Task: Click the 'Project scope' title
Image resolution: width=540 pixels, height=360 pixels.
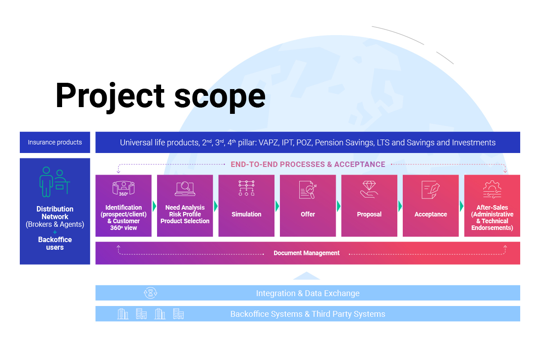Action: (x=160, y=95)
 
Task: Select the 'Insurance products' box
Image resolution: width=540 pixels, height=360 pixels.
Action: (x=55, y=142)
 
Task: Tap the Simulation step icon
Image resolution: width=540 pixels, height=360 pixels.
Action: (x=246, y=188)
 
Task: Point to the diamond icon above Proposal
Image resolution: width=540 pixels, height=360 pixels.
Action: (x=369, y=189)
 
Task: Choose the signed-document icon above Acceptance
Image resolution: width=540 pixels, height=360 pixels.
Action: (x=430, y=189)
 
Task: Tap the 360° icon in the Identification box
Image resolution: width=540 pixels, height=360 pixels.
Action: (x=123, y=188)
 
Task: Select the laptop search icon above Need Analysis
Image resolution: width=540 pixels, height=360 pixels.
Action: (x=184, y=189)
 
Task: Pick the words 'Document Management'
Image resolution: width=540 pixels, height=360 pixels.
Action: (x=306, y=253)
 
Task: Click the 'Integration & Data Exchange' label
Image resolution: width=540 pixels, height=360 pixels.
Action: (x=308, y=293)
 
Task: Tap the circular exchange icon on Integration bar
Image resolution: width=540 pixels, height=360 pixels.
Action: (x=150, y=293)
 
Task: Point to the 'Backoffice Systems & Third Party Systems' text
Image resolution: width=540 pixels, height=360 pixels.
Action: (x=308, y=314)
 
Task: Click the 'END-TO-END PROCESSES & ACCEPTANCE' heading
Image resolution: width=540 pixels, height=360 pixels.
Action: (x=308, y=164)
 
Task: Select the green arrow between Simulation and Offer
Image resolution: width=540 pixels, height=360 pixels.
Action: (x=277, y=206)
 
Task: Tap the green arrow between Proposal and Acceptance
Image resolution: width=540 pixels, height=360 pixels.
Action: (x=400, y=206)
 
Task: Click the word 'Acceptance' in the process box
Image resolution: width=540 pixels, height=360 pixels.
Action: (x=431, y=214)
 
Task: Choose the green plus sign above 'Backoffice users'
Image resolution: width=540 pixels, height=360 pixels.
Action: (x=55, y=232)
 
